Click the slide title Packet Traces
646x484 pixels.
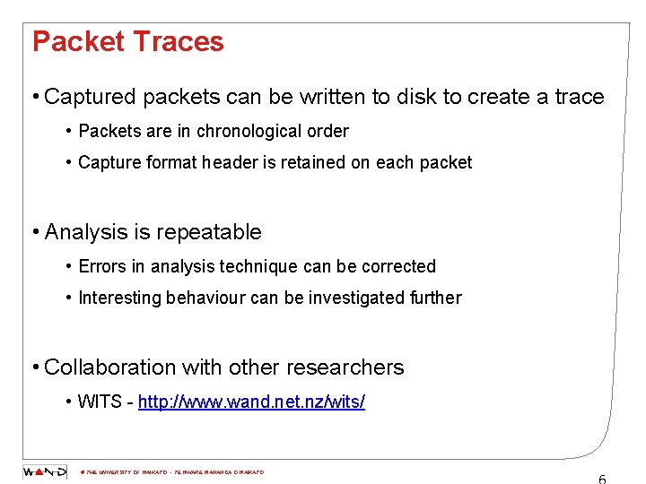coord(127,42)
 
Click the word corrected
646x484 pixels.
coord(394,267)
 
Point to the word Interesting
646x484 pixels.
coord(119,298)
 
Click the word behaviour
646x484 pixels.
coord(205,298)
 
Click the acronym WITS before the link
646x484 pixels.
coord(100,402)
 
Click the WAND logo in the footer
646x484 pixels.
coord(44,471)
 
